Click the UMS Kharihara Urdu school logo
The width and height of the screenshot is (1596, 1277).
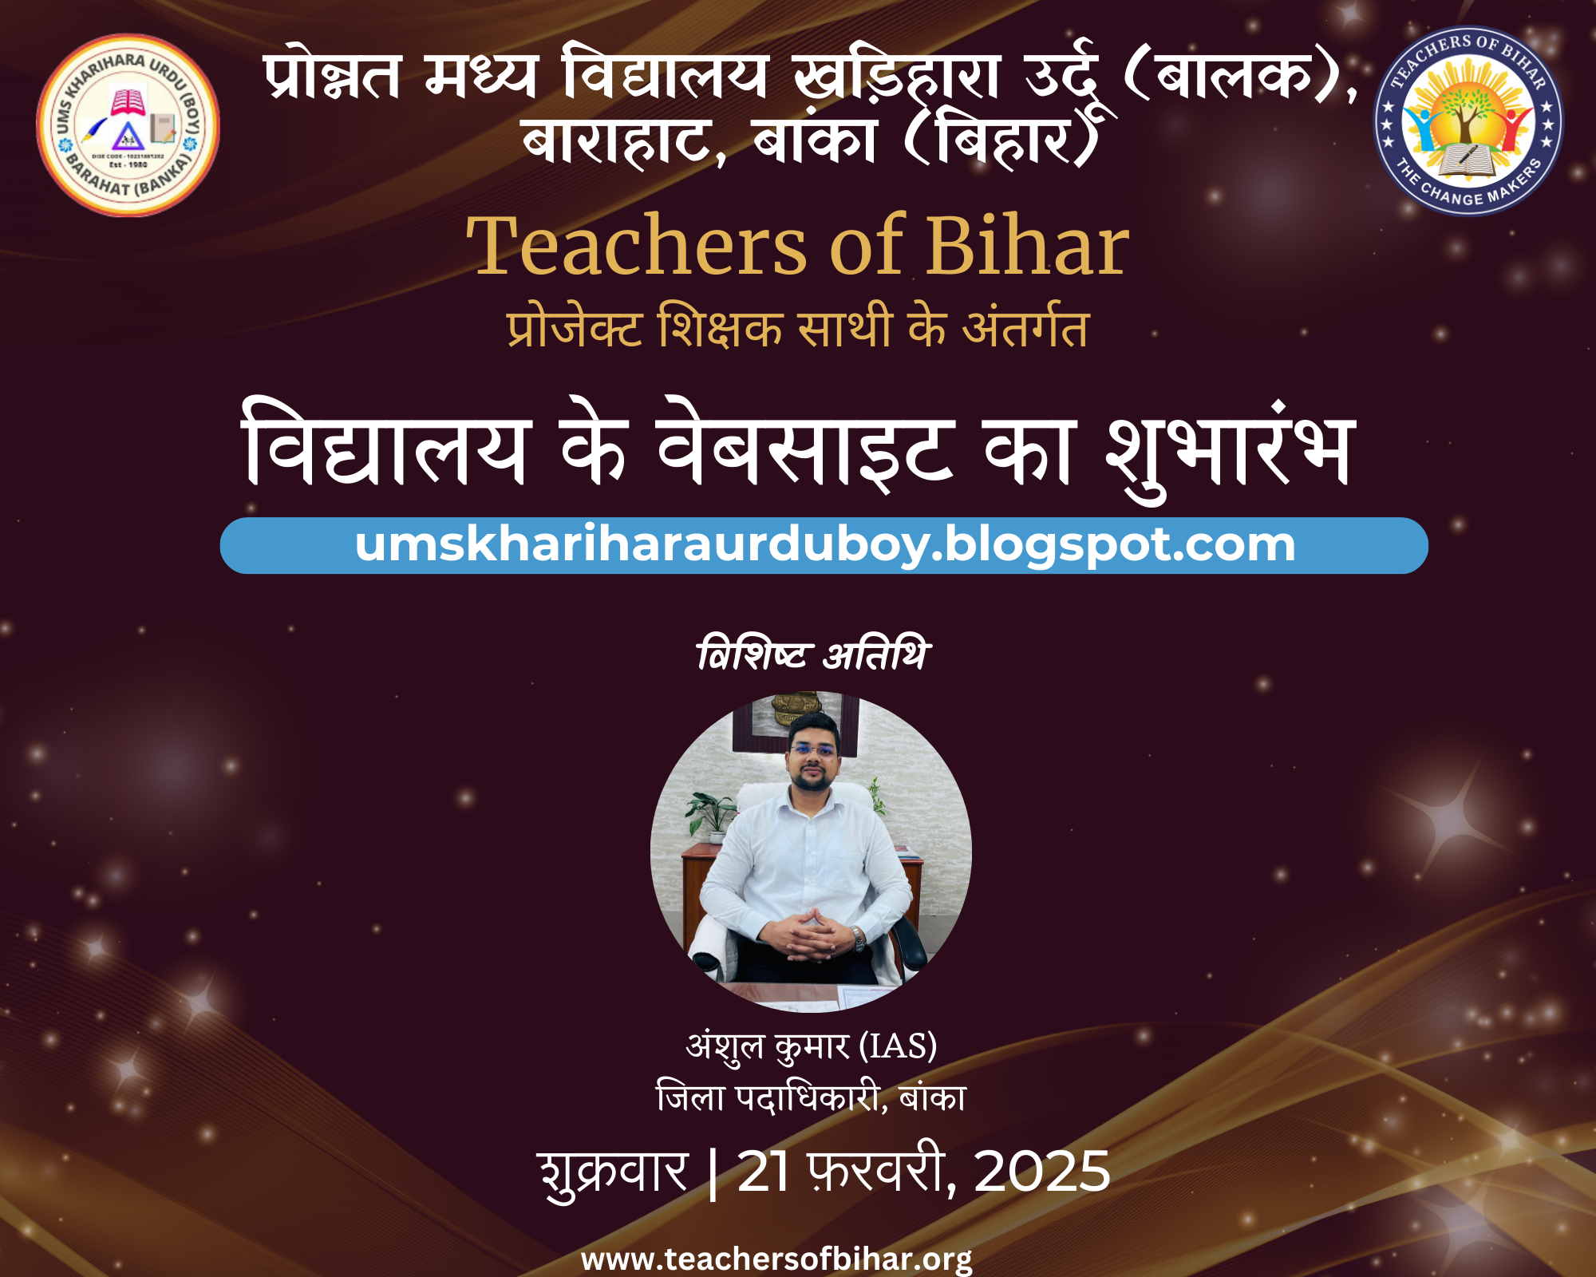tap(128, 125)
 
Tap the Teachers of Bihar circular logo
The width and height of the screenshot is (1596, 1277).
tap(1468, 121)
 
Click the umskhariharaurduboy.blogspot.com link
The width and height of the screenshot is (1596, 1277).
tap(824, 545)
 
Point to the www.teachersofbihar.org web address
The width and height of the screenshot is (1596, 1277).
tap(776, 1259)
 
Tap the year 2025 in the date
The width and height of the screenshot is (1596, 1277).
tap(1042, 1172)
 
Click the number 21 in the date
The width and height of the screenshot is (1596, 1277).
tap(764, 1172)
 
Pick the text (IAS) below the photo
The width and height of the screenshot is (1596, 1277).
tap(898, 1046)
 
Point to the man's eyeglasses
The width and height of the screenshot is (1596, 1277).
tap(812, 749)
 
